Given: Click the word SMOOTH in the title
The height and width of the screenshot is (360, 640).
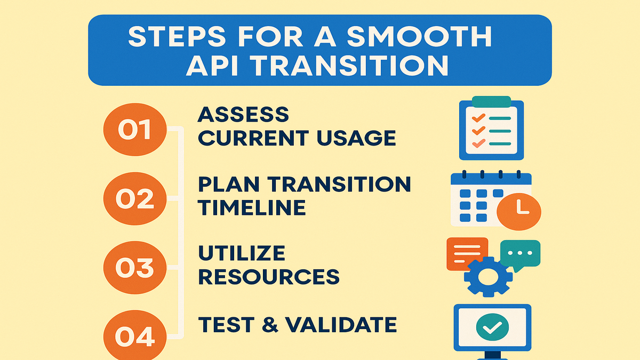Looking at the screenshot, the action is [419, 37].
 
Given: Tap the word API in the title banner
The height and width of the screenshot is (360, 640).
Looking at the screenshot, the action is [212, 66].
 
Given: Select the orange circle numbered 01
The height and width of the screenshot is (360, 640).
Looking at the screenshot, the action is [135, 130].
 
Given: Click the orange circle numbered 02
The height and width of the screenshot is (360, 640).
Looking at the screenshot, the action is [135, 198].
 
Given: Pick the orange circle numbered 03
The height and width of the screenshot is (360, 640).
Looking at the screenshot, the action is [135, 268].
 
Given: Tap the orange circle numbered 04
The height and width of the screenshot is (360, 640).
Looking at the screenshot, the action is [135, 336].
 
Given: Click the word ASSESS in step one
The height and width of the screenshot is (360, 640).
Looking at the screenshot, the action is [243, 114].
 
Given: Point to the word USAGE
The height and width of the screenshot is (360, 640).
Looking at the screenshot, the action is [356, 138].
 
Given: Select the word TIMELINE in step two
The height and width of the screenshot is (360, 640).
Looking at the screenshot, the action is [252, 207].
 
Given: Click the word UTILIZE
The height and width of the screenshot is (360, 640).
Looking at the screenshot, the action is [242, 253].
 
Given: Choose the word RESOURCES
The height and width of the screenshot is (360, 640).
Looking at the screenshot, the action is [269, 277].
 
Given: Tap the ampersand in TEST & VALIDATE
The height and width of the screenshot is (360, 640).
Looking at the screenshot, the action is [270, 325].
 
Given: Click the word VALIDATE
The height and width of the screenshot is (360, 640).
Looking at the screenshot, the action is [341, 325].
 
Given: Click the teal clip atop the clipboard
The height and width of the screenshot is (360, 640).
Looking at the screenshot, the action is [491, 102].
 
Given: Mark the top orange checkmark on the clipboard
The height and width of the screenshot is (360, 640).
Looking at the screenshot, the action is [478, 118].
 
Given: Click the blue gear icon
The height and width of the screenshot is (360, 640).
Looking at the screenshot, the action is [488, 277].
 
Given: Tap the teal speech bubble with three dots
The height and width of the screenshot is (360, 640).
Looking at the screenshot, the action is [521, 255].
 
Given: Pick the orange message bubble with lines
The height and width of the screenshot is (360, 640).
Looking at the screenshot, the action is [467, 254].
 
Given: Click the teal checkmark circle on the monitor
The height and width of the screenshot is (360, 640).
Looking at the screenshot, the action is [492, 327].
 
